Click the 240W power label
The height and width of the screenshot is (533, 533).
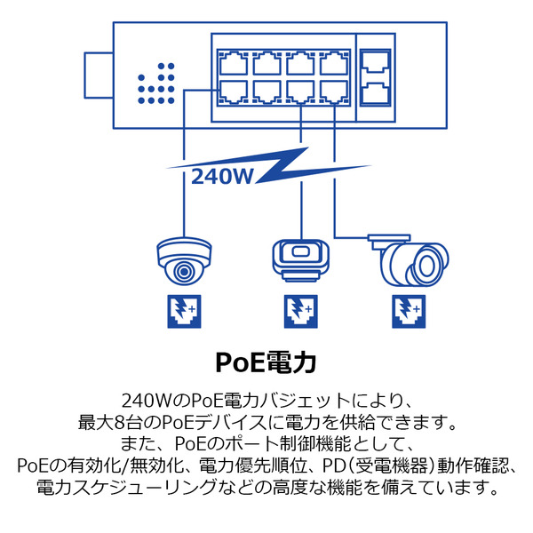point(222,176)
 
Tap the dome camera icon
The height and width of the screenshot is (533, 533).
point(184,261)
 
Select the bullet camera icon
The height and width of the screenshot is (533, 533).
point(408,260)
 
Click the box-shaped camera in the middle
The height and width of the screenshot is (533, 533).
point(300,260)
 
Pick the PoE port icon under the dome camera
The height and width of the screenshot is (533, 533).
point(184,312)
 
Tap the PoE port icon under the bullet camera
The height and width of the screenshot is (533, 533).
point(409,312)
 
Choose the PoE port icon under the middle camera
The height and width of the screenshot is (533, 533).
point(301,312)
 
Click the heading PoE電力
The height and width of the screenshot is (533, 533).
point(266,362)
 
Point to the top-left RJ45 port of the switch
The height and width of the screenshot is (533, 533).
point(233,63)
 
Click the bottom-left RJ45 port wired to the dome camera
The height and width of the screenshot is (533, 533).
point(233,92)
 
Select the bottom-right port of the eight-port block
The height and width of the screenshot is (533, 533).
point(334,92)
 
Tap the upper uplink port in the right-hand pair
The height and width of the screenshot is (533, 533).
point(375,62)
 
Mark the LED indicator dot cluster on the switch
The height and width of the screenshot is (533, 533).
point(156,84)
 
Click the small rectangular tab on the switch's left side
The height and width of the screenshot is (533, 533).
point(99,76)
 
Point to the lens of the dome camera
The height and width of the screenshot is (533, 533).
point(184,272)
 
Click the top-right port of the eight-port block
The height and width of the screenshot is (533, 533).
point(334,63)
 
